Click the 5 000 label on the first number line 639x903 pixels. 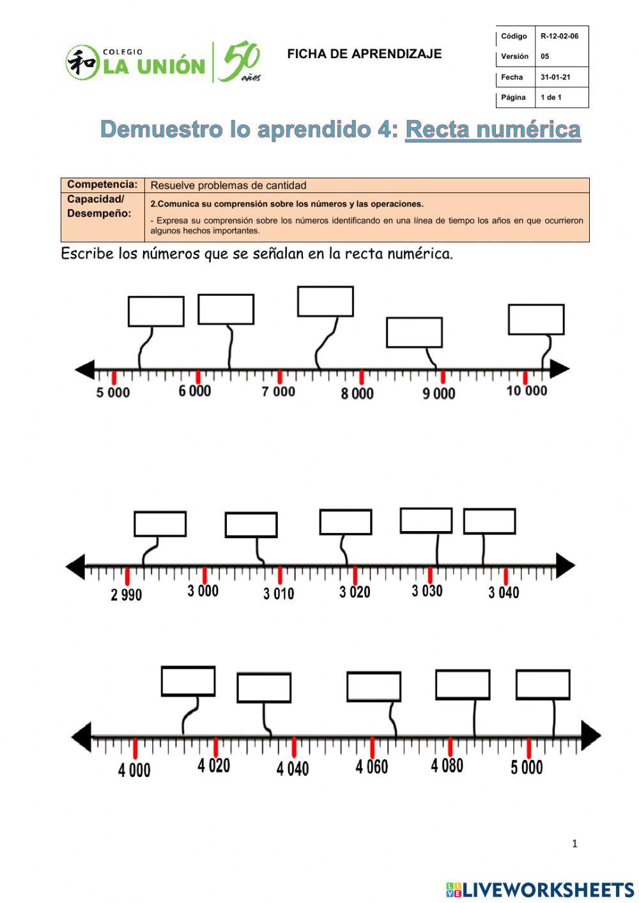click(112, 392)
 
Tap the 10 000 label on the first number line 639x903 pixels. click(527, 390)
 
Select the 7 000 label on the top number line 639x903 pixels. click(278, 391)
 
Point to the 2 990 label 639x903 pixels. click(126, 595)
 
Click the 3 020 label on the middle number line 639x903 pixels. click(355, 592)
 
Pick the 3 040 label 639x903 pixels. click(504, 592)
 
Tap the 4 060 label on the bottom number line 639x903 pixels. click(371, 766)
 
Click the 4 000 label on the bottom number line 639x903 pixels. click(134, 769)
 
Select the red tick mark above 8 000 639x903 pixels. click(362, 377)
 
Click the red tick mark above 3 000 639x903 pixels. click(204, 575)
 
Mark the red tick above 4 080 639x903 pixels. click(450, 746)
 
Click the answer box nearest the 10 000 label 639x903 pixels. click(535, 320)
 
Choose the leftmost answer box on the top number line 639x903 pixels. click(156, 311)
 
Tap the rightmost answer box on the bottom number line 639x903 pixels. click(543, 684)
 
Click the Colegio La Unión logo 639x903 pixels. click(163, 63)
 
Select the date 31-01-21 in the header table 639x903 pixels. click(555, 77)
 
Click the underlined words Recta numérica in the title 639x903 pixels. click(493, 130)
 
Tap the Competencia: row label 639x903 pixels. click(102, 185)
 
